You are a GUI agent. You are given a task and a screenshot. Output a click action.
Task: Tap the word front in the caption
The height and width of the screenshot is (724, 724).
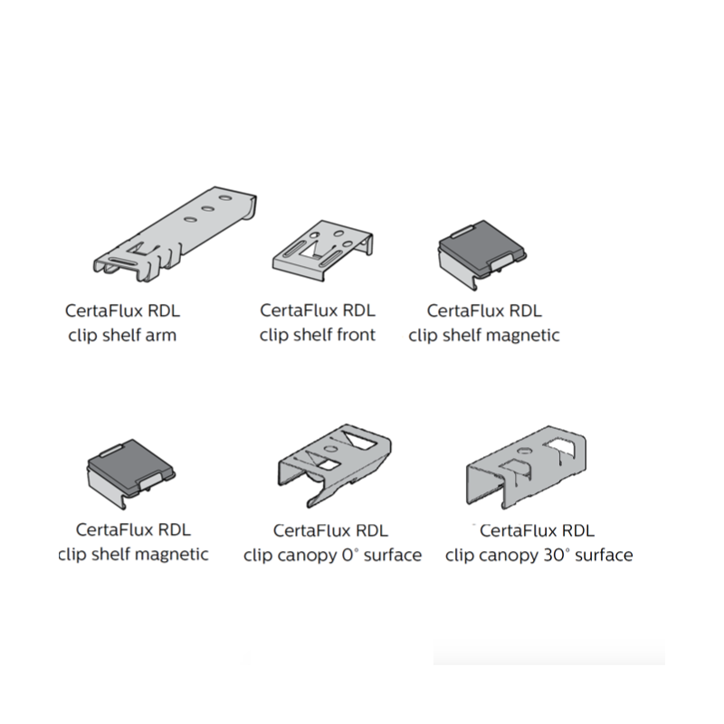click(x=355, y=335)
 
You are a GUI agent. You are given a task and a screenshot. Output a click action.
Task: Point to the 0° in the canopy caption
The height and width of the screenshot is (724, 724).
click(x=350, y=555)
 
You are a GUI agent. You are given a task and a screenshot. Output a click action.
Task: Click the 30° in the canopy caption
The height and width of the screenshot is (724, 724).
click(x=557, y=555)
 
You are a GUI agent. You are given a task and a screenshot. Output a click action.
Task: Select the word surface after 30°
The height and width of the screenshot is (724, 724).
click(x=604, y=555)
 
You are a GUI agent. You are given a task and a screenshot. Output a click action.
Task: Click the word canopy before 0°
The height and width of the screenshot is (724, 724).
click(x=306, y=555)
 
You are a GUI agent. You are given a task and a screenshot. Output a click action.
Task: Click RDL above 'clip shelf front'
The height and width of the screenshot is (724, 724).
click(x=357, y=310)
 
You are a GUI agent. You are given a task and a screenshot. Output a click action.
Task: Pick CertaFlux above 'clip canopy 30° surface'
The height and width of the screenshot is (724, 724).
click(x=518, y=530)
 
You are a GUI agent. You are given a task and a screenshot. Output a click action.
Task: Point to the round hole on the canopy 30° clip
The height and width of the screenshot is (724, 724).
click(x=523, y=452)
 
